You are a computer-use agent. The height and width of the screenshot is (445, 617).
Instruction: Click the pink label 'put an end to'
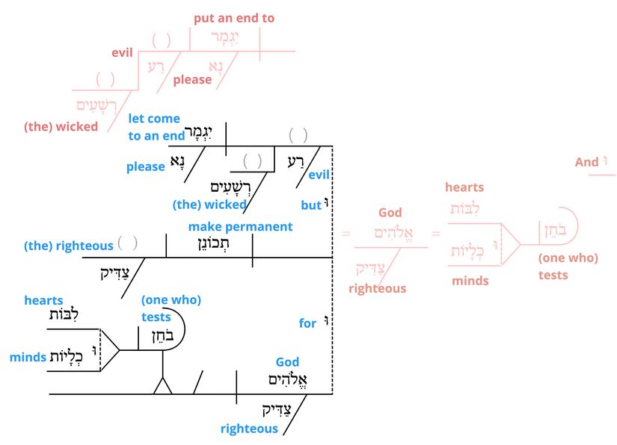tap(233, 18)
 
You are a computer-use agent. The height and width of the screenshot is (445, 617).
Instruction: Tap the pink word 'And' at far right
tap(586, 162)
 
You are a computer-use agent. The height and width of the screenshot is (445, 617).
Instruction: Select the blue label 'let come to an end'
tap(154, 127)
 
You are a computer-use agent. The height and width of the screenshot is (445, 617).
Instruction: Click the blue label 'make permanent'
tap(240, 226)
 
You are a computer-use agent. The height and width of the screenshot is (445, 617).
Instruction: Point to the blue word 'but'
tap(310, 204)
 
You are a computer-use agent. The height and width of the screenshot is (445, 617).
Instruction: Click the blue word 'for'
tap(308, 323)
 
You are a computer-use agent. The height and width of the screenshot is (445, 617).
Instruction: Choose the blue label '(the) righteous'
tap(69, 245)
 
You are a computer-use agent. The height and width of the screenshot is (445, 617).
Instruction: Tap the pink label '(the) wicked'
tap(61, 126)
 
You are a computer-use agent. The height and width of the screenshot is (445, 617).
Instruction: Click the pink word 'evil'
tap(122, 53)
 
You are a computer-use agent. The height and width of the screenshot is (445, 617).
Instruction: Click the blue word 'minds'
tap(28, 358)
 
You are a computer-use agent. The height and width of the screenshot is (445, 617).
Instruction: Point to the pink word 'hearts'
tap(464, 187)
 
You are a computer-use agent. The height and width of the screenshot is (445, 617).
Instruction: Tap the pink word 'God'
tap(390, 213)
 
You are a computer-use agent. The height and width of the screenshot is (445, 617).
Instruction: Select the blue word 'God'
tap(287, 362)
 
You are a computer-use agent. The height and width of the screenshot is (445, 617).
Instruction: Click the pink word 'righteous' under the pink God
tap(377, 288)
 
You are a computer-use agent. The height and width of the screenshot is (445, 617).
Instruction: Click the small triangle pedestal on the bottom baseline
tap(162, 386)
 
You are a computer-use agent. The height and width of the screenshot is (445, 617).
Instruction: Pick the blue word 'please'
tap(145, 167)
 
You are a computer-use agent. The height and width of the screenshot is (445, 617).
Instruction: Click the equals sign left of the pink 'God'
tap(346, 234)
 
